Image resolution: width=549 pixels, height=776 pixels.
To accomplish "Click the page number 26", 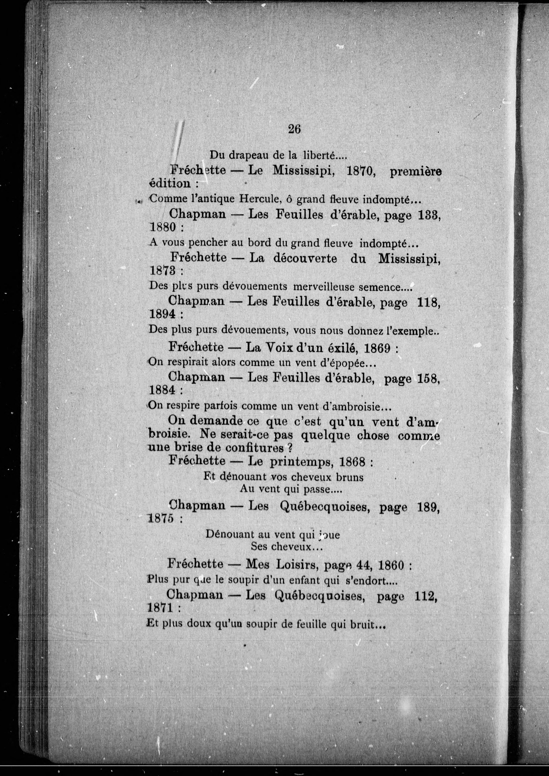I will tap(294, 129).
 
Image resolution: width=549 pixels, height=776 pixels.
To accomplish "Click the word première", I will tap(416, 172).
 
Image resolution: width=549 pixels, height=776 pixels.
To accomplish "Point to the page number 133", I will tap(429, 215).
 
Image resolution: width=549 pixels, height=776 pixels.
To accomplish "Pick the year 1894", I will tap(162, 314).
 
